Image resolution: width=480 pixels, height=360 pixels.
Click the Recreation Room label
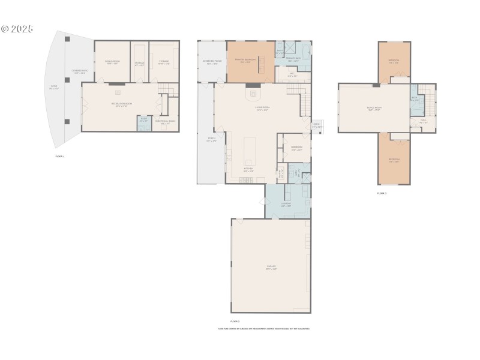tap(122, 105)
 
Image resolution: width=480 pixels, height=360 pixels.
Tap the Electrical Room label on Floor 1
tap(166, 122)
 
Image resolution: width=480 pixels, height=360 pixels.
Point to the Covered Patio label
tap(79, 73)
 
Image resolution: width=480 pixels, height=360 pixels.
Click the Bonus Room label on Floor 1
tap(112, 62)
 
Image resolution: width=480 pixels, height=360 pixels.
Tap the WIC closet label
tap(292, 76)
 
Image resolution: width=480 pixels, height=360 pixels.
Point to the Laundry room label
tap(286, 205)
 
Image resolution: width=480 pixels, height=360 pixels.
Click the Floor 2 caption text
tap(235, 322)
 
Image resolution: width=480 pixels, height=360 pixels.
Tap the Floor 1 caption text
tap(59, 156)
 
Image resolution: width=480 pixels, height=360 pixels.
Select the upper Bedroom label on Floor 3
tap(394, 61)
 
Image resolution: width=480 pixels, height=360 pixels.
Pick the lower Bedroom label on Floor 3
tap(394, 161)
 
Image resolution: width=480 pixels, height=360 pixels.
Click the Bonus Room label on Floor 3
tap(374, 109)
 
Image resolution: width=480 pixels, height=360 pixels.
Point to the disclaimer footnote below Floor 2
tap(263, 329)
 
